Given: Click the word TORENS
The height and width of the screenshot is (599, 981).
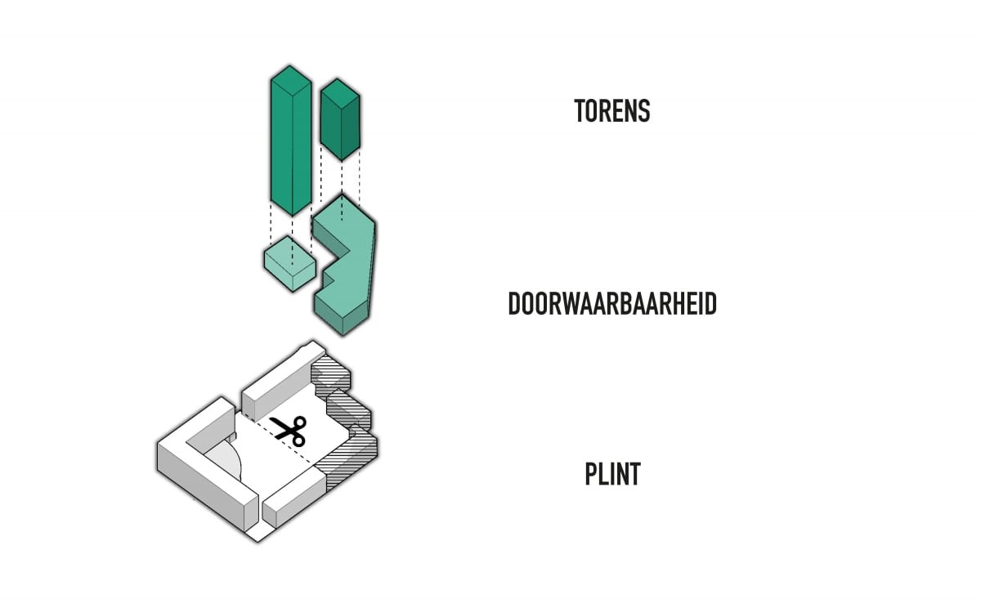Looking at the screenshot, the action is point(611,110).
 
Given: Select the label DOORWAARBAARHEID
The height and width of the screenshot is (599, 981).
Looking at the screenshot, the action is point(612,303).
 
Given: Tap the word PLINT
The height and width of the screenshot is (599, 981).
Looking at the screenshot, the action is point(612,474).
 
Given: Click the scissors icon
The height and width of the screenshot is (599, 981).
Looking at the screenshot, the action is point(289,431).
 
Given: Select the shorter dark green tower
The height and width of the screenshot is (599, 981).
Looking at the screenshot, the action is point(340,119).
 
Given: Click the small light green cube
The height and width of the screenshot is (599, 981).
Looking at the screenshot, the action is point(290,264).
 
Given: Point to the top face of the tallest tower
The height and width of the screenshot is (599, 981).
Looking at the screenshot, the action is point(291,80).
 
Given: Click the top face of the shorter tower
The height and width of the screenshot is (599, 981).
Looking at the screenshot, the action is point(340,92).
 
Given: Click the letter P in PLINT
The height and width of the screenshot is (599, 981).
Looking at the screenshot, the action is point(591,474).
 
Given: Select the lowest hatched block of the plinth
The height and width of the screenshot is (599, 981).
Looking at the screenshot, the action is point(348,460).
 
